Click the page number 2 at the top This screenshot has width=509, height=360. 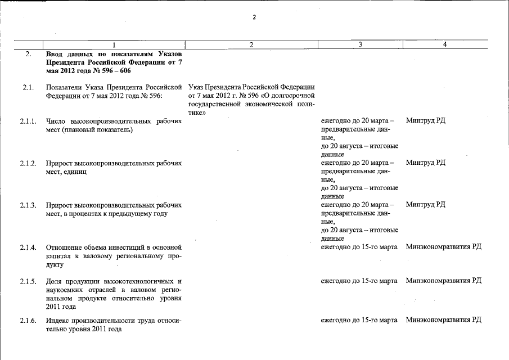point(254,17)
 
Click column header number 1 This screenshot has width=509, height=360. point(114,44)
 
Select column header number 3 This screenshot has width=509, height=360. point(359,44)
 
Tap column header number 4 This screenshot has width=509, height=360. point(444,44)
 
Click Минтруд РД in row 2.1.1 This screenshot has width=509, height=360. point(425,121)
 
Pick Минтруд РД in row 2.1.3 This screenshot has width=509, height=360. point(425,205)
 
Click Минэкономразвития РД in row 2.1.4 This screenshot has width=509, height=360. point(443,247)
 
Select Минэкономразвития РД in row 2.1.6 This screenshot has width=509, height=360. point(443,320)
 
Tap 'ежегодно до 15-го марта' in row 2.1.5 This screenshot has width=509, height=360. point(359,281)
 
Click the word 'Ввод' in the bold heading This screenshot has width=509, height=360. point(56,55)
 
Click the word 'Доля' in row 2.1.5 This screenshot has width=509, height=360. point(55,281)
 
